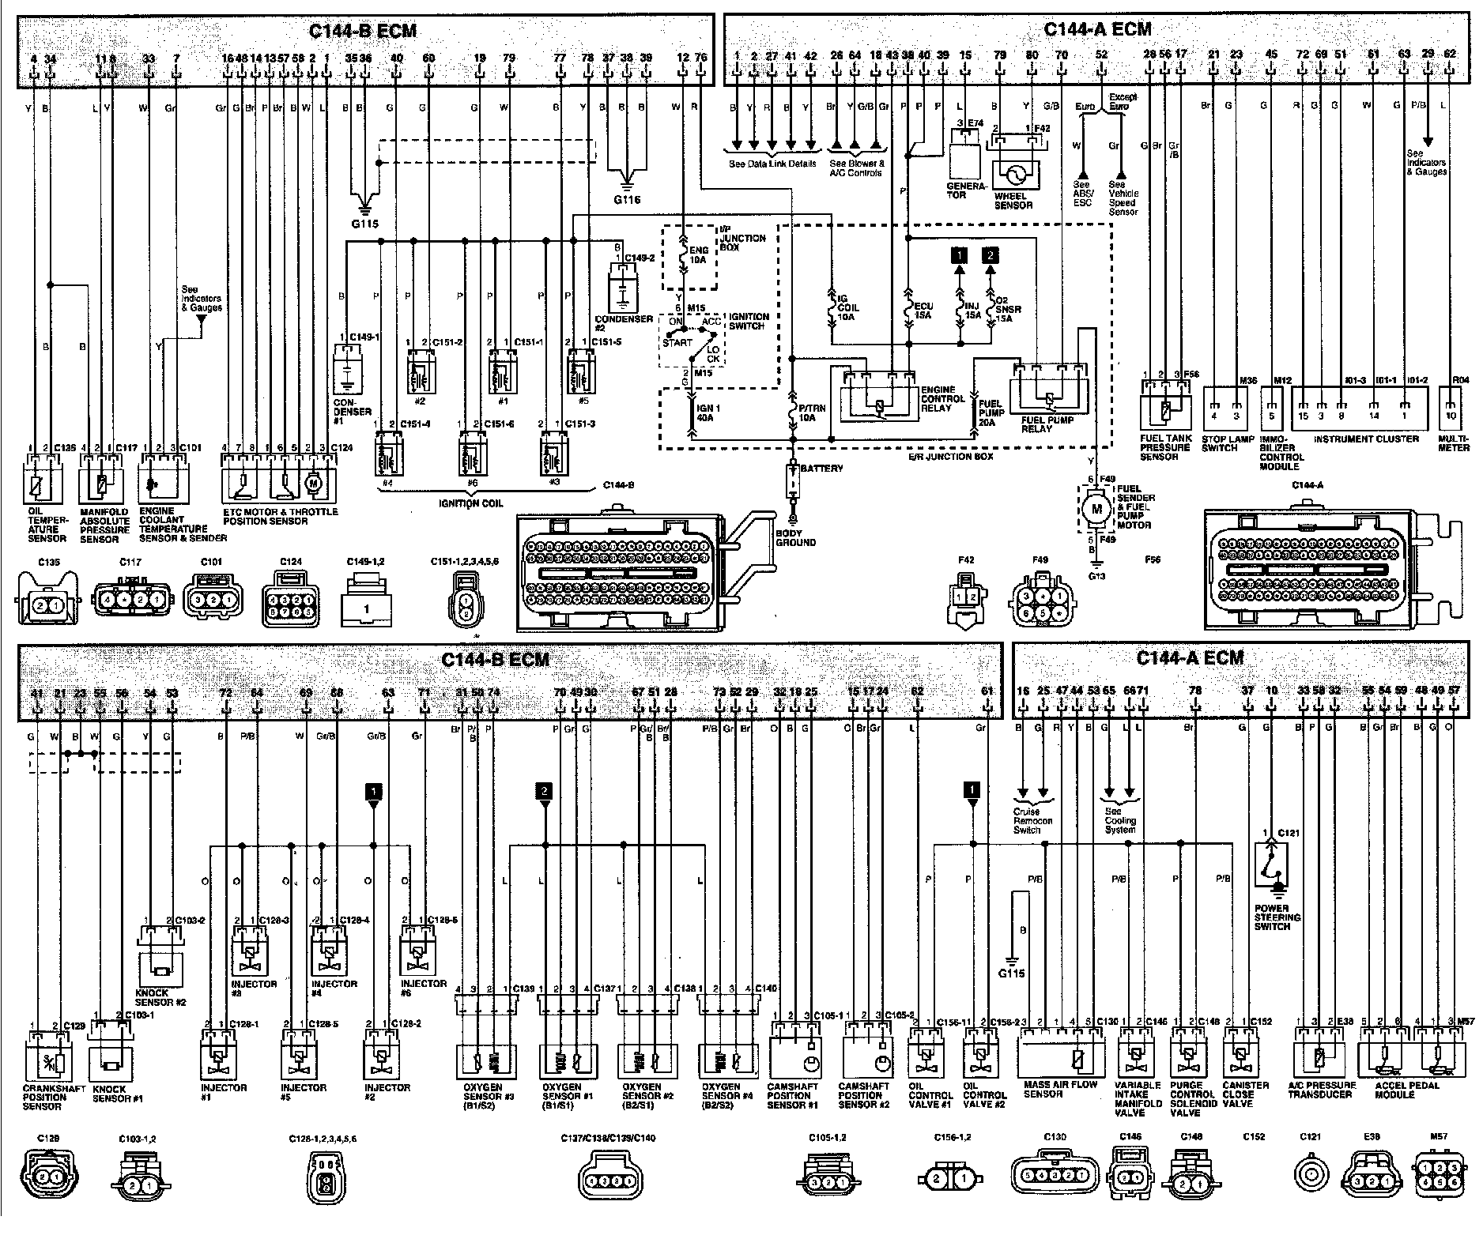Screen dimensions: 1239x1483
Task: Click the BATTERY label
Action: [x=822, y=469]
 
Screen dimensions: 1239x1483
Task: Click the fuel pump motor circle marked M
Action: [x=1096, y=510]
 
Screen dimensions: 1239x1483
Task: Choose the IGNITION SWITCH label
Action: [x=748, y=321]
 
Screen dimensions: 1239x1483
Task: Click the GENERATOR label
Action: [x=968, y=190]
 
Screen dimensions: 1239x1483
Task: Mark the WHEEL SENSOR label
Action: [x=1013, y=201]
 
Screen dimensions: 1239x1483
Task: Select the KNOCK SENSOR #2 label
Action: [x=160, y=998]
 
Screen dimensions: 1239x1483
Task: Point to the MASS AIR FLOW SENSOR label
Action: [x=1059, y=1090]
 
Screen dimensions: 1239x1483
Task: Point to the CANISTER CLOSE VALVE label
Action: [x=1239, y=1094]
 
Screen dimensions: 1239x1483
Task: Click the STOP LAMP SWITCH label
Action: [x=1219, y=443]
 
